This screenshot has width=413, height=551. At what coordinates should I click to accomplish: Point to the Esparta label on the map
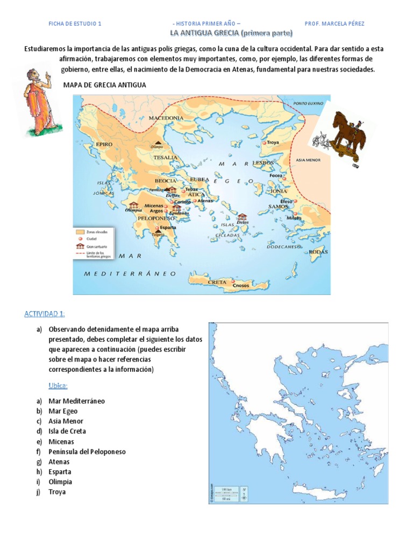166,227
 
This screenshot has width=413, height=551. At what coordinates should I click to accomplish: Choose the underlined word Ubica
59,386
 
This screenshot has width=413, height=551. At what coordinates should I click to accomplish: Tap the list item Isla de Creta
67,431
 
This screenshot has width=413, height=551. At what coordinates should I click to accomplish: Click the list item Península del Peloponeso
87,451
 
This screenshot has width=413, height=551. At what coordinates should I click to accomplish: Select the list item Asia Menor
66,421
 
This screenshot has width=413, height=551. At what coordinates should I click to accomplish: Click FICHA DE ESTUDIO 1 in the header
75,24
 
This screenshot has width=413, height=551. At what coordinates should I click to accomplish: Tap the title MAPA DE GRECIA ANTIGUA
105,85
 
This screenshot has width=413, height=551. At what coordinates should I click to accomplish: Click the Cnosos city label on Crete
241,286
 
